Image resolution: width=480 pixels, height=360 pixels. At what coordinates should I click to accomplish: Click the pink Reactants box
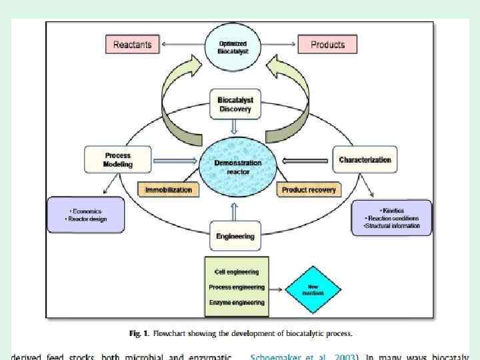132,45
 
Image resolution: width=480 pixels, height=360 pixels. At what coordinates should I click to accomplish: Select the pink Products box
327,45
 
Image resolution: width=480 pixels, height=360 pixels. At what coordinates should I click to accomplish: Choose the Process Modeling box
118,160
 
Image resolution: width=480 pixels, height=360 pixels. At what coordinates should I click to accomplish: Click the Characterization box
365,160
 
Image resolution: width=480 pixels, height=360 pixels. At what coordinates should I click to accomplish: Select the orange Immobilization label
169,189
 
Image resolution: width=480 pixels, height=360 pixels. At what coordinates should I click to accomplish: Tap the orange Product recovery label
308,190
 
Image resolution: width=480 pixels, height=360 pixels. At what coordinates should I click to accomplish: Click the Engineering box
235,236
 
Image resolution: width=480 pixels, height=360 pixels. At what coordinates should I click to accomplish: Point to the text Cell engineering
236,272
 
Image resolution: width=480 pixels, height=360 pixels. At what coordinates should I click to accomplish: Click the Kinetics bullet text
393,211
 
